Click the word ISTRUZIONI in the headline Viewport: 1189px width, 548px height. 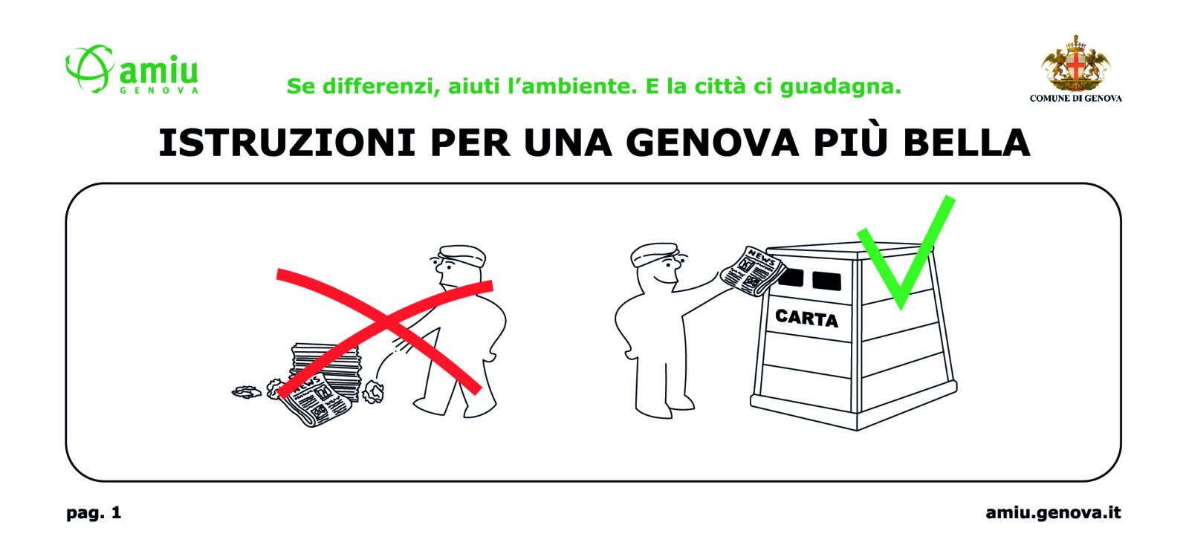tap(287, 143)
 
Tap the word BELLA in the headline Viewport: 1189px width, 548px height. tap(966, 143)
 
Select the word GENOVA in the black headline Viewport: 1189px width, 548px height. tap(713, 143)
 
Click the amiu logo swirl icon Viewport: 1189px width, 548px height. tap(90, 68)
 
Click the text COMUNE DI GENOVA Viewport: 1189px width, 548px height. tap(1075, 98)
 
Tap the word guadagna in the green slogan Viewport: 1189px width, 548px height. tap(840, 87)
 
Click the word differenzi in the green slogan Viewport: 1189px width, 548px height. tap(381, 86)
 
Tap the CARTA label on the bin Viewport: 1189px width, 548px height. tap(806, 318)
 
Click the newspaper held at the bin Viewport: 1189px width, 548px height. tap(753, 270)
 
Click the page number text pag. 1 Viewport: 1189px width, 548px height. tap(94, 513)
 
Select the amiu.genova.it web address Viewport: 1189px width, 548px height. tap(1053, 512)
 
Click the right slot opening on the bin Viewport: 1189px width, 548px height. tap(826, 280)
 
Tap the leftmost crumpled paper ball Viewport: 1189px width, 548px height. tap(247, 391)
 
